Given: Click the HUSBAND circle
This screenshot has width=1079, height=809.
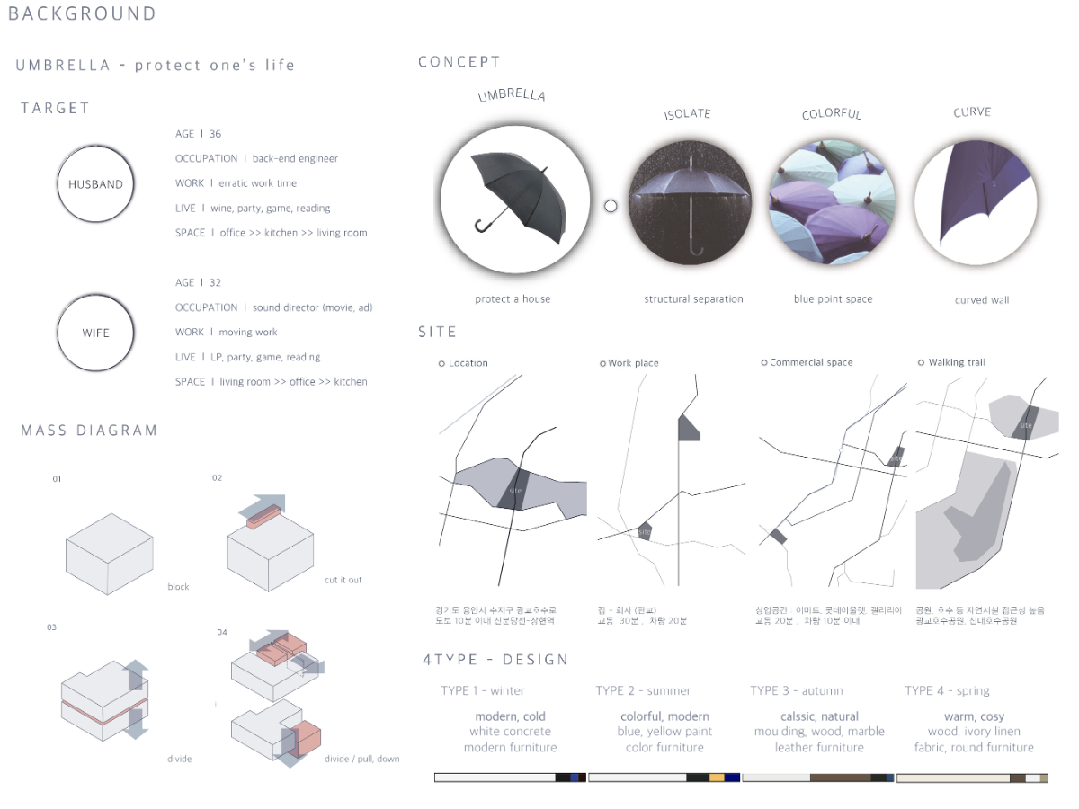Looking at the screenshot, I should pyautogui.click(x=95, y=184).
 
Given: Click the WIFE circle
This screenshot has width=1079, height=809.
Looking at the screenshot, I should pyautogui.click(x=95, y=333).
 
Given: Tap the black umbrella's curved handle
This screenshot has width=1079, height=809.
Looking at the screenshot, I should pyautogui.click(x=482, y=224).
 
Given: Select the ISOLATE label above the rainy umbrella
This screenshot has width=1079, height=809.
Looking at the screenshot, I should pyautogui.click(x=688, y=114).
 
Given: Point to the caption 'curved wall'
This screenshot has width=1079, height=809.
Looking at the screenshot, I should pyautogui.click(x=981, y=300).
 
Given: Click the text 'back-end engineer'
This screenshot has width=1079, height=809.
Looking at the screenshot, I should pyautogui.click(x=295, y=159).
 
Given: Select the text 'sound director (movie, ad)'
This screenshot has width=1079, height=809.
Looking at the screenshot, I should pyautogui.click(x=312, y=307).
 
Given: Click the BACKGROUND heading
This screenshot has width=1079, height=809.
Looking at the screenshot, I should pyautogui.click(x=82, y=14).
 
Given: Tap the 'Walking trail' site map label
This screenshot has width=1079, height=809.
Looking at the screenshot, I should pyautogui.click(x=957, y=362).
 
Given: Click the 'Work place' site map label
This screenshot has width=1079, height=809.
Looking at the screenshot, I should pyautogui.click(x=633, y=363).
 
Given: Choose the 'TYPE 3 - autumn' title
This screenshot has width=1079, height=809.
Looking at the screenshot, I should pyautogui.click(x=797, y=690).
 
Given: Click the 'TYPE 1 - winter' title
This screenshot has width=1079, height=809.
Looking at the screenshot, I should pyautogui.click(x=483, y=690).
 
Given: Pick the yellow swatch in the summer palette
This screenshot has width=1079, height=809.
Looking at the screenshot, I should pyautogui.click(x=717, y=778).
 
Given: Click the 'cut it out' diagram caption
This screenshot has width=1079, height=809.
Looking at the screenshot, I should pyautogui.click(x=343, y=580).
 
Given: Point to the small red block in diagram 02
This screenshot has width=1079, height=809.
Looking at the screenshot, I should pyautogui.click(x=261, y=517).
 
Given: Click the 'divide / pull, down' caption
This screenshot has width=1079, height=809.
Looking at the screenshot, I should pyautogui.click(x=362, y=759).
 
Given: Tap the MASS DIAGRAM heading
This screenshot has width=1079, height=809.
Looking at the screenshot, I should pyautogui.click(x=89, y=431).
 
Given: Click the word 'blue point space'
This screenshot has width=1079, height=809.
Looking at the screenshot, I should pyautogui.click(x=833, y=299).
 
